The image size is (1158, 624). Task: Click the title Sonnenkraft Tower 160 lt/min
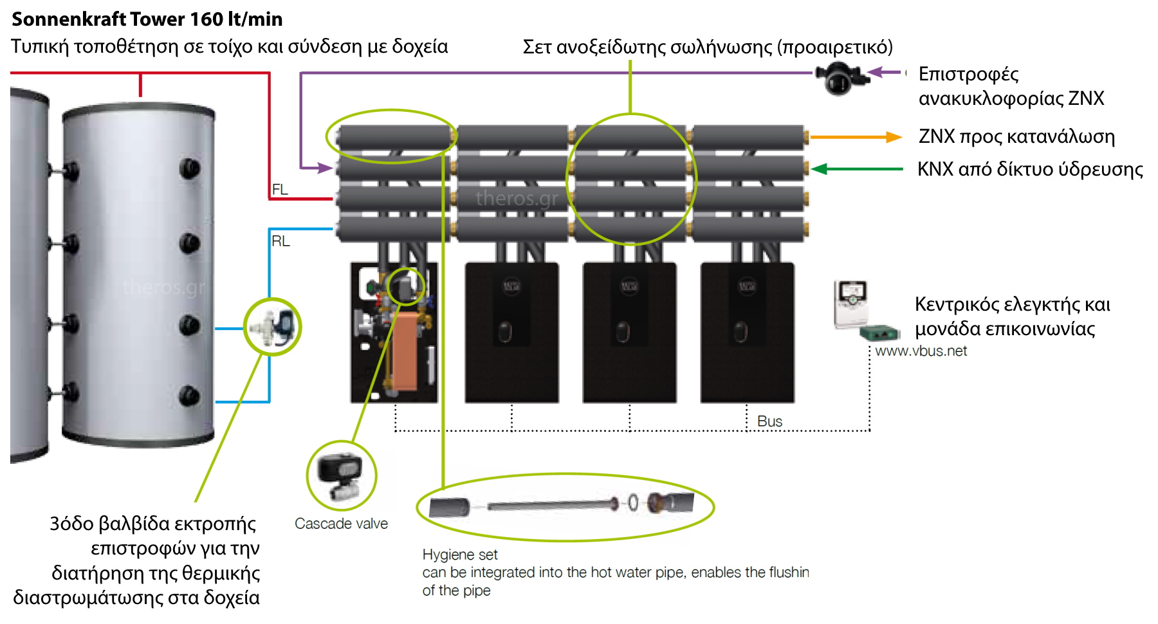(147, 19)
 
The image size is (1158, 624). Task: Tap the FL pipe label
(280, 189)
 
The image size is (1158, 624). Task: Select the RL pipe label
(280, 241)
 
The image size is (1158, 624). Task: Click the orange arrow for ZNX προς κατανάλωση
(856, 137)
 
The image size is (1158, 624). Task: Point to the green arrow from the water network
(856, 169)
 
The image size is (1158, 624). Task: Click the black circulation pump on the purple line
(840, 79)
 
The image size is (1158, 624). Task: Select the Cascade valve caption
(341, 524)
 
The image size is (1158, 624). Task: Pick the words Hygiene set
(460, 555)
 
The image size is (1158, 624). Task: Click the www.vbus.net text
(921, 351)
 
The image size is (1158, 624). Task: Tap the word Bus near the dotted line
(769, 421)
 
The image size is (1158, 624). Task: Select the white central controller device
(850, 303)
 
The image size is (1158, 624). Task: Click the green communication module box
(879, 333)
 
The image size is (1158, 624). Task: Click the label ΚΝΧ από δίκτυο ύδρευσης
(1029, 169)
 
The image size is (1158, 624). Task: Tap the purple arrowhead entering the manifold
(326, 168)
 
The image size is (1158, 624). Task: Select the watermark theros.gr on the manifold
(517, 198)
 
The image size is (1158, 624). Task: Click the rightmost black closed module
(747, 333)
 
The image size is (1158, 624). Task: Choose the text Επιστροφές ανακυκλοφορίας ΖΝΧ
(1010, 86)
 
